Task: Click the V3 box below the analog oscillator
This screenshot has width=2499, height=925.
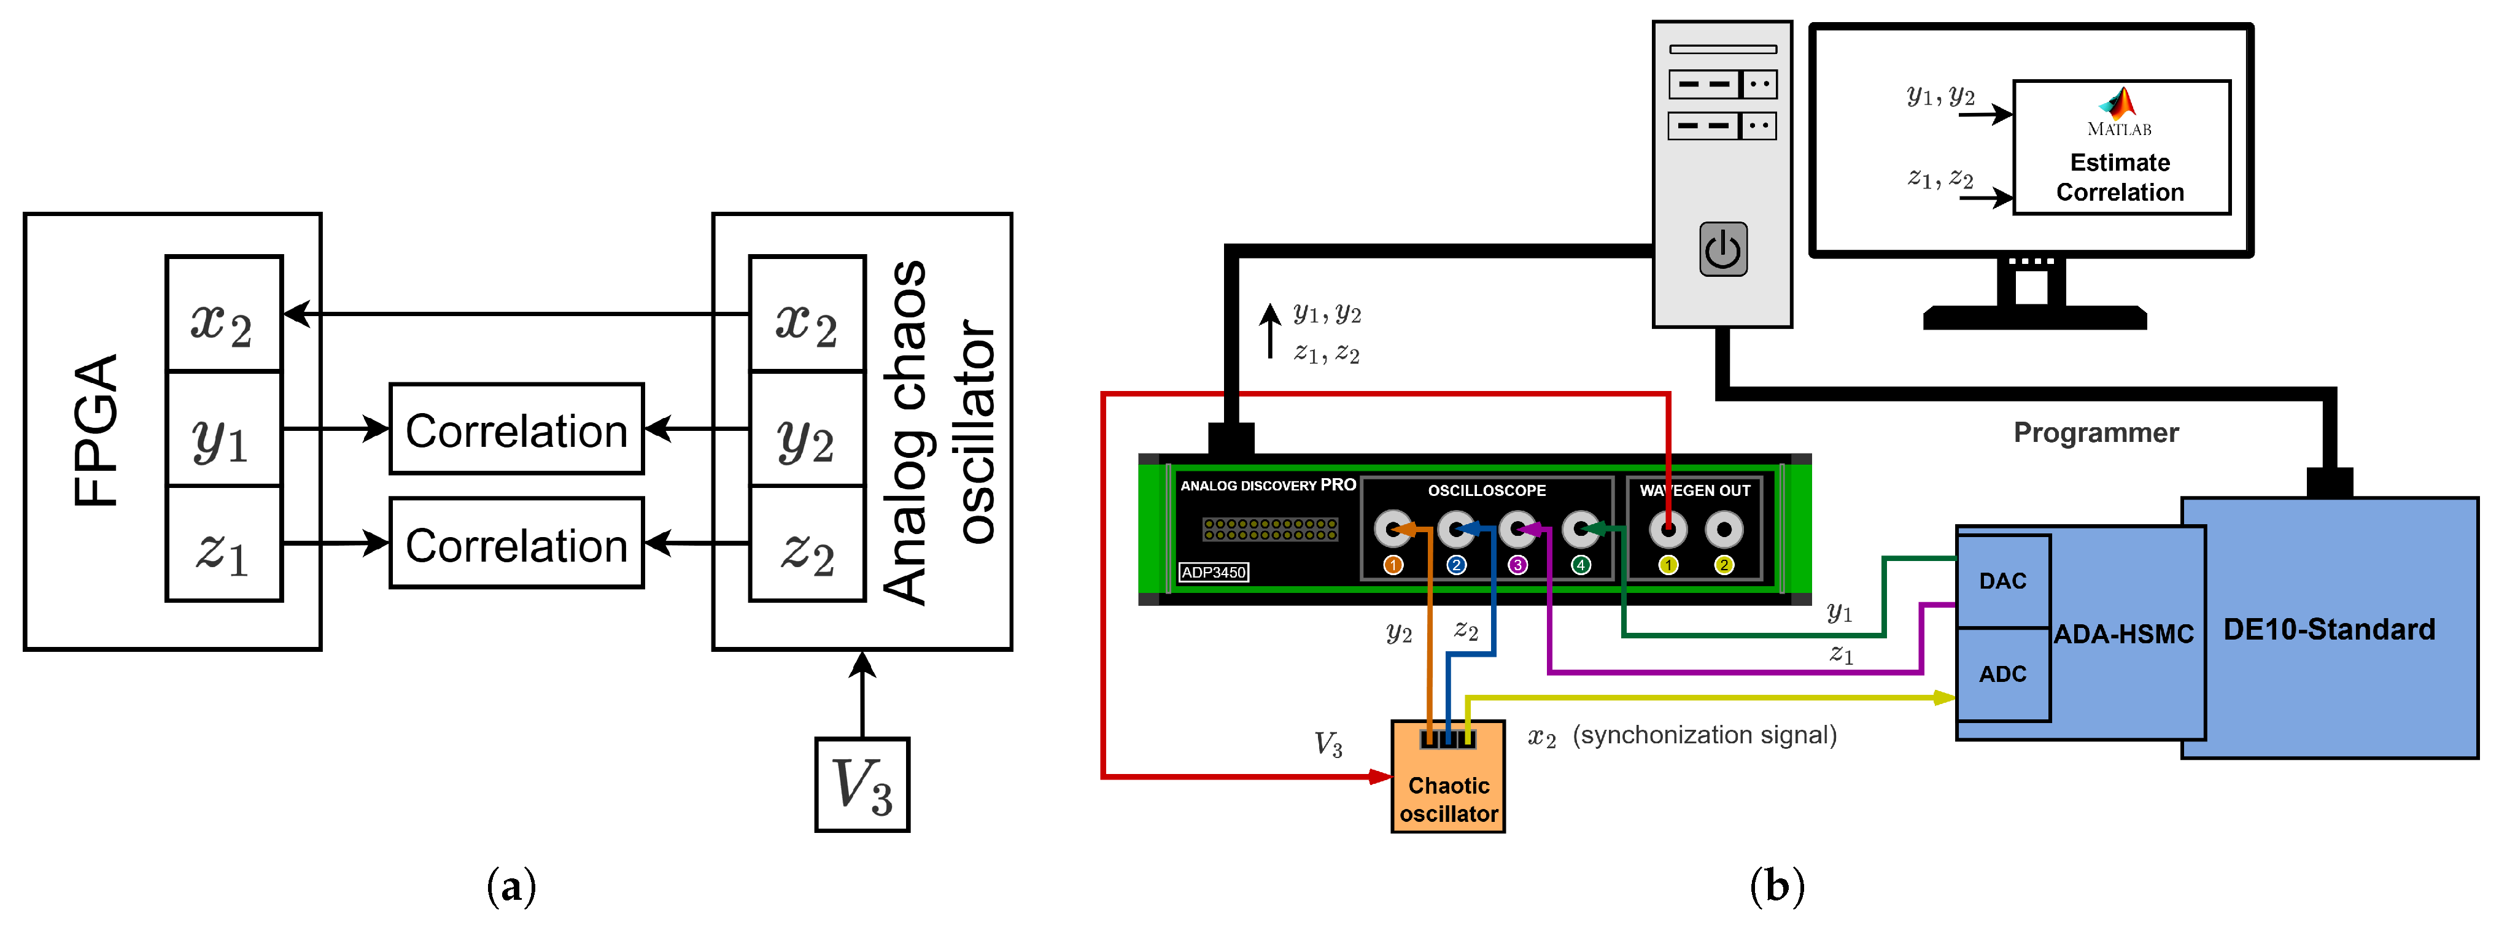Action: pyautogui.click(x=861, y=784)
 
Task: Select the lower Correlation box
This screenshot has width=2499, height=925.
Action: pyautogui.click(x=516, y=544)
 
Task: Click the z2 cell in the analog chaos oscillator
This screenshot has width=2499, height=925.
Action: pyautogui.click(x=807, y=544)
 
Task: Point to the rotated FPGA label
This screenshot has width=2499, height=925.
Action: pyautogui.click(x=97, y=430)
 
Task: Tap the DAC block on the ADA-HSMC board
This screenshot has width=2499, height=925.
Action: pyautogui.click(x=2002, y=581)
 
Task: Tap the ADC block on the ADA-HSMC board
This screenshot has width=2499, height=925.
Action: pyautogui.click(x=2002, y=674)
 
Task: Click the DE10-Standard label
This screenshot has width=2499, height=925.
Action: pyautogui.click(x=2328, y=629)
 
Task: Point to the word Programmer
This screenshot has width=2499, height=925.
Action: pyautogui.click(x=2096, y=433)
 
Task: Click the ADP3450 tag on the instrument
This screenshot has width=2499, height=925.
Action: pyautogui.click(x=1212, y=572)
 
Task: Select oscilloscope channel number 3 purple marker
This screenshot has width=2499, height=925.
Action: pyautogui.click(x=1518, y=564)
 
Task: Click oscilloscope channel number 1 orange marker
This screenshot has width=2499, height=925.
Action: pyautogui.click(x=1393, y=564)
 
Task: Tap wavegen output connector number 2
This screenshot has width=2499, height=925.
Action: pyautogui.click(x=1724, y=529)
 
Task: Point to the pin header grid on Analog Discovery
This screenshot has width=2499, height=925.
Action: pyautogui.click(x=1270, y=528)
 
